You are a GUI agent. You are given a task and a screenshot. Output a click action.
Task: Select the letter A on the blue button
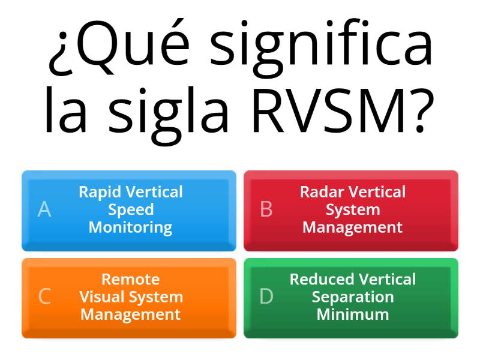click(x=44, y=209)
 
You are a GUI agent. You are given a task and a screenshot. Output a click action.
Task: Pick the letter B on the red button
click(x=266, y=209)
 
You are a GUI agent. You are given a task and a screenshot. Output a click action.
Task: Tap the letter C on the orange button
click(x=44, y=297)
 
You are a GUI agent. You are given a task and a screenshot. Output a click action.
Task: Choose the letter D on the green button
click(x=266, y=297)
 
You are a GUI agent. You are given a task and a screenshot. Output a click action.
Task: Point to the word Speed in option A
click(x=131, y=209)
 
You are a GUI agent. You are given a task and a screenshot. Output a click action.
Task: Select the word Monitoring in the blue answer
click(x=131, y=227)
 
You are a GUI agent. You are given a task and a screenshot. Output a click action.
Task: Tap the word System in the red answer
click(x=353, y=209)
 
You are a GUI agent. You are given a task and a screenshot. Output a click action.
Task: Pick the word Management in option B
click(x=353, y=227)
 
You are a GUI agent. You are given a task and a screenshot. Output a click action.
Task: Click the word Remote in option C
click(x=131, y=279)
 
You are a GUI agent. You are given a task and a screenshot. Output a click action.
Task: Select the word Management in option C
click(x=131, y=314)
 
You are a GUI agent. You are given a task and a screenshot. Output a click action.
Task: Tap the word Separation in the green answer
click(x=353, y=297)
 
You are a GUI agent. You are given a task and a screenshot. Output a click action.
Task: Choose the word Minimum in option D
click(x=353, y=314)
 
